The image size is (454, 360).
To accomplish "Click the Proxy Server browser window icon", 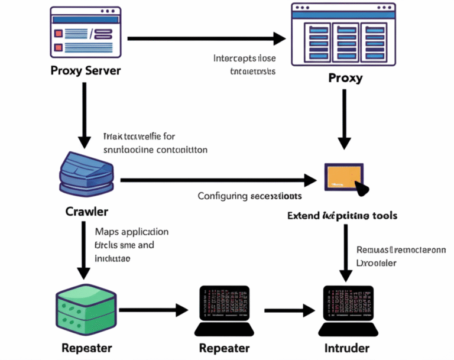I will (86, 33).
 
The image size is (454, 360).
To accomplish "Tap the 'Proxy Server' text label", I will (86, 71).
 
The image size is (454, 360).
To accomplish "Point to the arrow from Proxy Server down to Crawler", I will (85, 115).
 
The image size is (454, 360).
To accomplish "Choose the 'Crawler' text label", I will (86, 212).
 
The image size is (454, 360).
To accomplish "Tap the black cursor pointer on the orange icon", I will (361, 189).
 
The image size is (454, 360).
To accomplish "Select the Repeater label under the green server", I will (86, 348).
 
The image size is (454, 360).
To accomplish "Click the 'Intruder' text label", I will (348, 348).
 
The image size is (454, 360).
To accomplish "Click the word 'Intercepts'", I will (234, 59).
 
